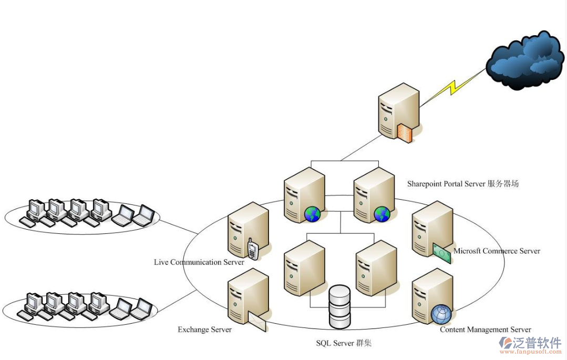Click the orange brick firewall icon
point(404,133)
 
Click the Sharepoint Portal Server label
point(462,184)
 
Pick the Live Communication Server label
point(199,262)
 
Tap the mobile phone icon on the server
point(253,249)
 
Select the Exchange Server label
point(204,330)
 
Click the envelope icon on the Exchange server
point(256,321)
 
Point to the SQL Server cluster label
point(344,343)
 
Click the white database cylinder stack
point(339,306)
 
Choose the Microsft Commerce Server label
point(497,251)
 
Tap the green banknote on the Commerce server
point(442,254)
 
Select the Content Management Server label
point(485,330)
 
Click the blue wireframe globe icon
point(441,314)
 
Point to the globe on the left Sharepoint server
point(312,214)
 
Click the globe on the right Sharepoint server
point(382,214)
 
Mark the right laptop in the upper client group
point(143,215)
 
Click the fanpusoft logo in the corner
point(530,345)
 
